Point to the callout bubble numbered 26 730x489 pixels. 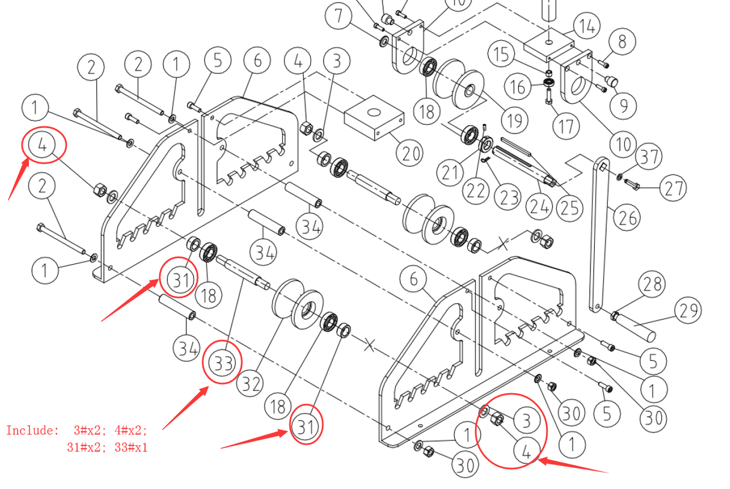tap(627, 217)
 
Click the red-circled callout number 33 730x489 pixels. tap(222, 363)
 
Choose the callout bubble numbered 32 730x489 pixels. tap(249, 383)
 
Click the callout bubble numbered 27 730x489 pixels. tap(673, 188)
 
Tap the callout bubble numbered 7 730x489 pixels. tap(340, 16)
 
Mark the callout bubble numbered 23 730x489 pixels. tap(508, 197)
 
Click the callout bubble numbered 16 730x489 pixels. tap(518, 86)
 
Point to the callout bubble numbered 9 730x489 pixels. tap(623, 106)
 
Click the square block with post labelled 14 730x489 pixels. tap(549, 46)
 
